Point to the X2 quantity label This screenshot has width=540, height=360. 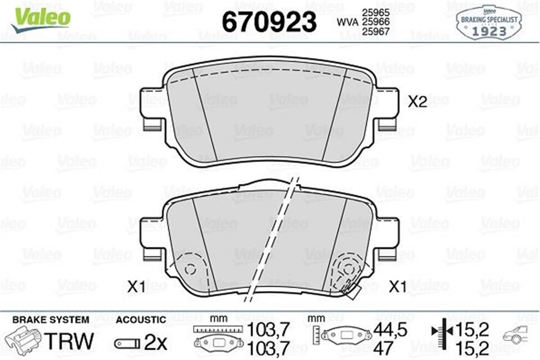(417, 103)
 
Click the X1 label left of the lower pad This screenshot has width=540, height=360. (136, 287)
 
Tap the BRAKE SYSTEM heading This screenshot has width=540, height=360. (50, 320)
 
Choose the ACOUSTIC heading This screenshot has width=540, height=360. (141, 320)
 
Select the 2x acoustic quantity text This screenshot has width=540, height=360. (155, 343)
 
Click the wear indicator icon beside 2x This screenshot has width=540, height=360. (127, 344)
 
